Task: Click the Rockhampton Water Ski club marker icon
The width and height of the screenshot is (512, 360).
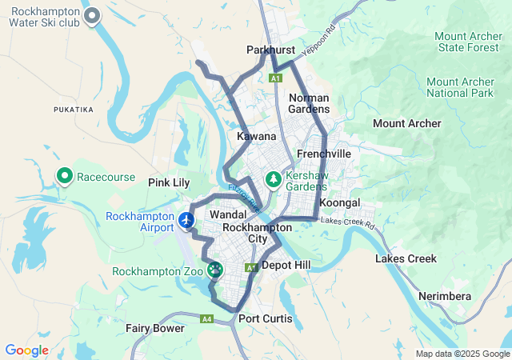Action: [x=93, y=14]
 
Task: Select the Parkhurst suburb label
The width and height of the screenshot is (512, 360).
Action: [x=270, y=50]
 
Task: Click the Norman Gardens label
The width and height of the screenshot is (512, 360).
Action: [x=309, y=102]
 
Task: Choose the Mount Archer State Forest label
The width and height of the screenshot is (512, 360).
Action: [x=469, y=42]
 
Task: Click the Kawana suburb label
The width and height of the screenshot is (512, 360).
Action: [x=257, y=137]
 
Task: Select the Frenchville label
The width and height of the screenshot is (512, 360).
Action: [x=323, y=153]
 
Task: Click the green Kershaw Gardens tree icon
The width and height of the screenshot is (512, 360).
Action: [x=274, y=178]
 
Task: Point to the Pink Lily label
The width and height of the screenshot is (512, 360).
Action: [x=169, y=182]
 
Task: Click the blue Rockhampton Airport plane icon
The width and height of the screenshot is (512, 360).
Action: [x=186, y=219]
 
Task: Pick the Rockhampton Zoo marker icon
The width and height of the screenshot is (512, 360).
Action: [x=214, y=270]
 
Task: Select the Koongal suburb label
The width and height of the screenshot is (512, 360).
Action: [x=340, y=202]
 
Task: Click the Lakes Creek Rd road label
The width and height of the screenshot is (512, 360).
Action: [x=347, y=221]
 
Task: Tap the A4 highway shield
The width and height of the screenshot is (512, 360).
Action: [x=207, y=318]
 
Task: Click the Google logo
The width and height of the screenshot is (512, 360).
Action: [x=26, y=350]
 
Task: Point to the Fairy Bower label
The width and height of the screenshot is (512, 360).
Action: [x=155, y=328]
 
